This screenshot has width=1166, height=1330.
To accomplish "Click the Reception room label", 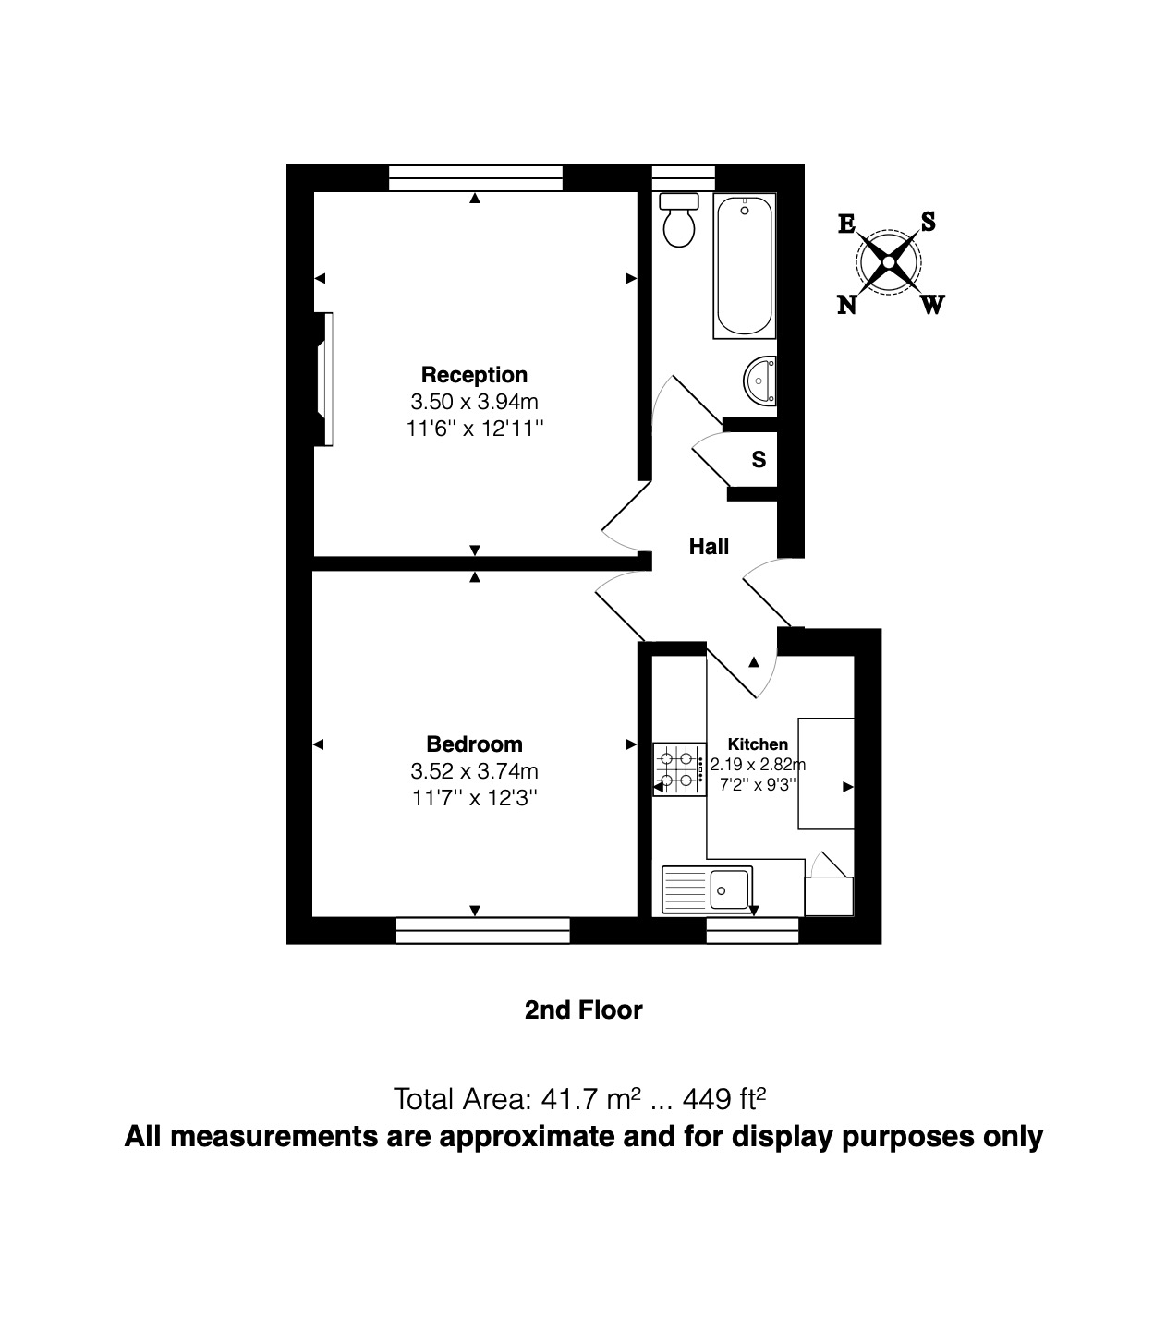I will (474, 375).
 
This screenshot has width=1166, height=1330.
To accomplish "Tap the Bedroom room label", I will (474, 744).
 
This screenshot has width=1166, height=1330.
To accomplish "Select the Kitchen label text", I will (758, 744).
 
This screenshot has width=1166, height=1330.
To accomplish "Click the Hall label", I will (709, 547).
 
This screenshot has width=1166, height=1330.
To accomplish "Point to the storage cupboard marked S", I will (759, 459).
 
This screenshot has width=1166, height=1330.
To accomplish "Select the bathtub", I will (745, 266).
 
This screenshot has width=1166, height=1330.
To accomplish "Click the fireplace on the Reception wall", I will (323, 380).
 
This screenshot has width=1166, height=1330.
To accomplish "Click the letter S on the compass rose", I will (928, 222).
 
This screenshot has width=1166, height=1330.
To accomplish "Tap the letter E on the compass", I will (846, 224).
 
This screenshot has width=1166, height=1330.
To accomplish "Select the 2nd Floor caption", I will (583, 1010).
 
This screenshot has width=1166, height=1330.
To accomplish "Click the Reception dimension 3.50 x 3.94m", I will (474, 402).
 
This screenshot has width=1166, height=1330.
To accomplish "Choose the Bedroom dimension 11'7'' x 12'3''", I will (474, 798).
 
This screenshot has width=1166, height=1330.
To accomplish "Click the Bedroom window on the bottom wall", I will (482, 930).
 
